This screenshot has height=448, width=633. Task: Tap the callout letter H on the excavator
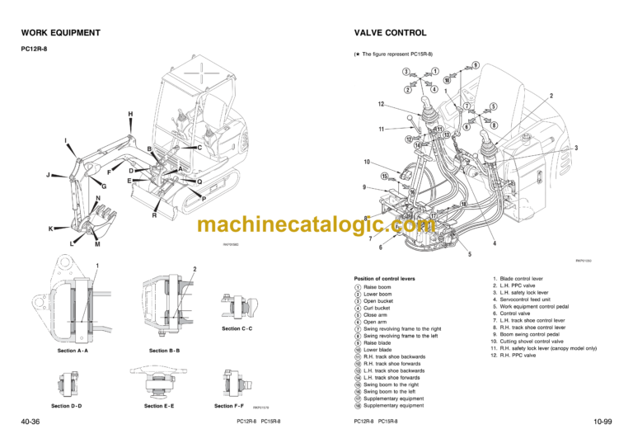pos(130,113)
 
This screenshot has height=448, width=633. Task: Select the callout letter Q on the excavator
pos(199,182)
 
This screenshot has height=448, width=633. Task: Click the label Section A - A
pos(73,351)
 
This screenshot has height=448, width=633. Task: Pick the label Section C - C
pos(237,328)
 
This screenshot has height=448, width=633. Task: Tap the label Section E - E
pos(164,406)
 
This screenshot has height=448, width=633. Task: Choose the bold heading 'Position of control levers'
pos(384,279)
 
